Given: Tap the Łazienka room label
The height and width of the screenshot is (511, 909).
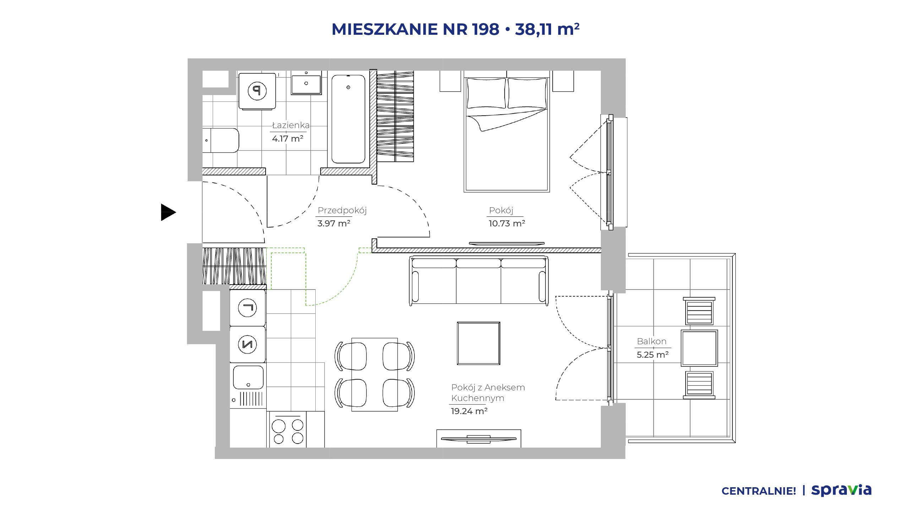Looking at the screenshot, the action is coord(291,125).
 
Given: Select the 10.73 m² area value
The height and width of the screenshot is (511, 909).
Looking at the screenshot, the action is coord(507,224).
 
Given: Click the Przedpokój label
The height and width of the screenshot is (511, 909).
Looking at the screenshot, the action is coord(342,210).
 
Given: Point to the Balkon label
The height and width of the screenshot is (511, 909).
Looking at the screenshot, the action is coord(652,341).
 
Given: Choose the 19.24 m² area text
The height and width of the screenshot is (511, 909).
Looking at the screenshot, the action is coord(469,411).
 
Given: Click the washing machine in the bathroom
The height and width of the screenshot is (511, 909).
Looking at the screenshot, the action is coord(257,91).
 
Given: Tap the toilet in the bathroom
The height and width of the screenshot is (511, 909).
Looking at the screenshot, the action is coord(221,141).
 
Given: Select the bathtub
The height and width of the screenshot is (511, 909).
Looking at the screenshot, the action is coord(348,119).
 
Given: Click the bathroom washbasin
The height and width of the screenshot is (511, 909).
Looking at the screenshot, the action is coord(306,82).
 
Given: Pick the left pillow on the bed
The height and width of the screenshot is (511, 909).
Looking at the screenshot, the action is coord(486,93).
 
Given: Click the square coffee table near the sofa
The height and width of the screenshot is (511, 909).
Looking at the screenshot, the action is coord(478,343).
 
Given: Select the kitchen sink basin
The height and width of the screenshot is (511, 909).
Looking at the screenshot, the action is coord(248,378).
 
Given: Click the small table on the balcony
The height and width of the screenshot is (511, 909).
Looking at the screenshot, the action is coord(699,348).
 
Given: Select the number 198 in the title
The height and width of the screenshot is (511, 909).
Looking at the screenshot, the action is coord(486,29).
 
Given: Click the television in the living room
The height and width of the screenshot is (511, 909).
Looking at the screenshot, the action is coord(478,439).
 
